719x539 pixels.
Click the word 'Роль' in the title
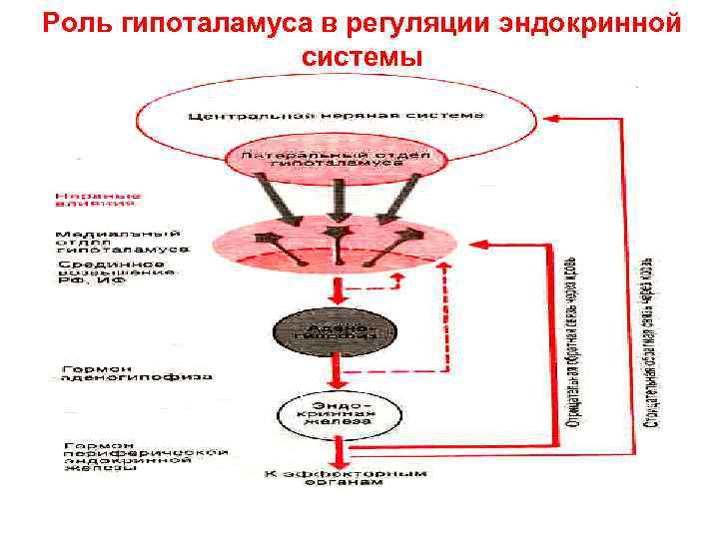tap(76, 23)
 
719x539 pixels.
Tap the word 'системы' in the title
tap(360, 57)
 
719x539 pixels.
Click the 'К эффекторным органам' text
tap(337, 478)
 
